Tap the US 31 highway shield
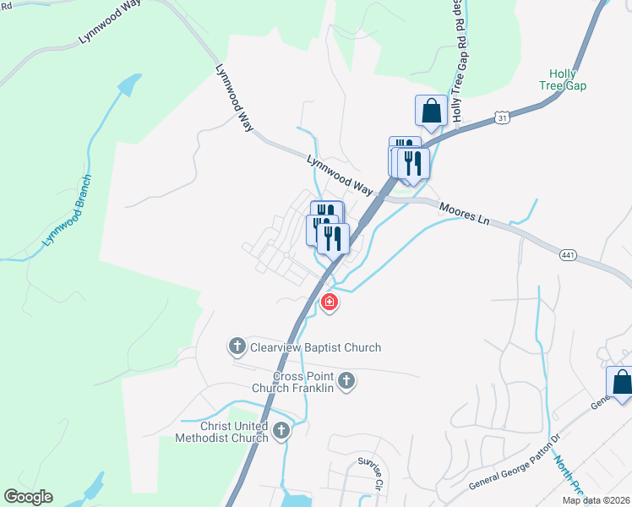coord(503,119)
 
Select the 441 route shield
coord(567,253)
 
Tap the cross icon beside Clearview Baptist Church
coord(237,346)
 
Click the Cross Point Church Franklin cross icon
coord(345,382)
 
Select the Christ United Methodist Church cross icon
coord(281,433)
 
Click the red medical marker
coord(329,302)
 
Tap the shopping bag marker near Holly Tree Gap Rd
coord(431,111)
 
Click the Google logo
coord(28,497)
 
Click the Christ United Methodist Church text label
coord(221,432)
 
